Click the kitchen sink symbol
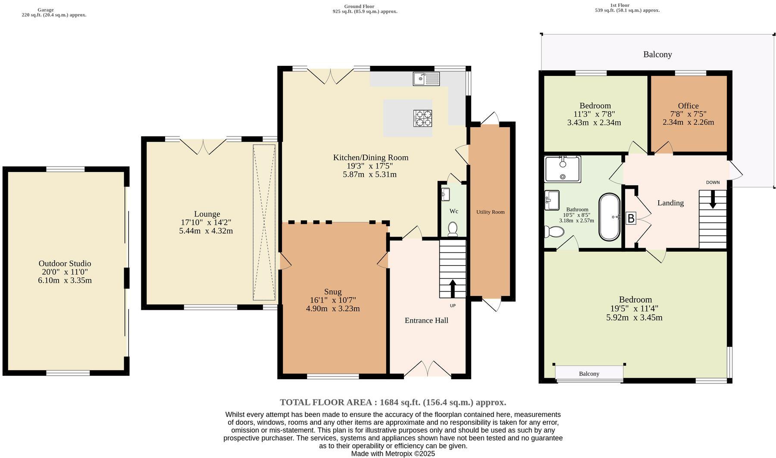click(x=426, y=79)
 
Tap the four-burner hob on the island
click(x=422, y=118)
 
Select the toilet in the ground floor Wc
click(x=453, y=229)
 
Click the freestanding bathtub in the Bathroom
click(x=609, y=217)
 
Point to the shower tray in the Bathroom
click(x=563, y=169)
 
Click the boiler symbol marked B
click(x=631, y=218)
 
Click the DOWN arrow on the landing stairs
click(x=712, y=199)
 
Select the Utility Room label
click(x=490, y=212)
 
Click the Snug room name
click(x=333, y=292)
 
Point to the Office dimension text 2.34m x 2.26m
click(x=688, y=122)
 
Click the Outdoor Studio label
click(x=65, y=263)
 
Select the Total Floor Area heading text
click(x=393, y=402)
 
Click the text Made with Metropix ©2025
click(x=393, y=454)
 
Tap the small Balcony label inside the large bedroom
click(x=589, y=374)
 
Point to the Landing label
click(x=670, y=203)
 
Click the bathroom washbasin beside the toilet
click(x=551, y=200)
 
